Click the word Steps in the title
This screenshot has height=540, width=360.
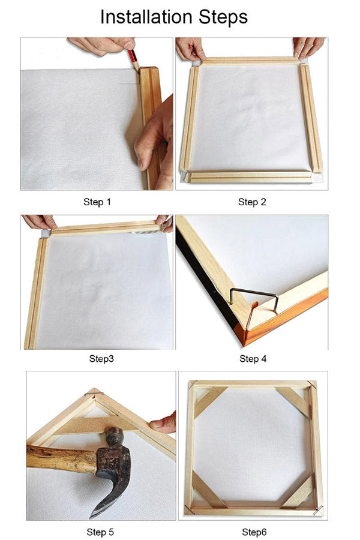(x=223, y=17)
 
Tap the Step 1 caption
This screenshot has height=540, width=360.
(x=97, y=202)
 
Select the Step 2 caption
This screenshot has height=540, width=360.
(x=252, y=202)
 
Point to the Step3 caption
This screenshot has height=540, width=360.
(x=101, y=359)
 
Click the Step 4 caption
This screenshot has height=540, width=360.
(x=253, y=359)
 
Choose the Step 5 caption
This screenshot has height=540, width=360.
(x=100, y=532)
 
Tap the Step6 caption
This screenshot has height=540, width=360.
(x=254, y=532)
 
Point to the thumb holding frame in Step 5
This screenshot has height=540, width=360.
(x=163, y=424)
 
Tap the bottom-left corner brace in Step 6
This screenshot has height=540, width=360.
(x=208, y=490)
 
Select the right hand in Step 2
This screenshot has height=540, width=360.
(x=308, y=46)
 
